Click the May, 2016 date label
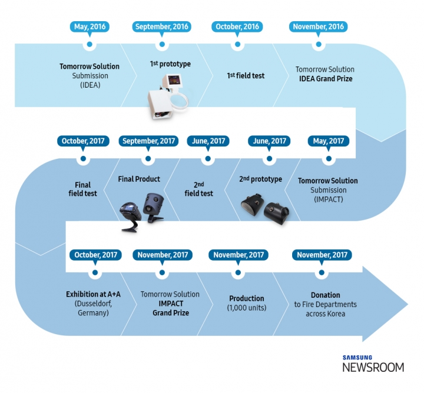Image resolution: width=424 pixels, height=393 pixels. [x=89, y=27]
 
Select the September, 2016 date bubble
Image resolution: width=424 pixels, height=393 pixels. [x=161, y=27]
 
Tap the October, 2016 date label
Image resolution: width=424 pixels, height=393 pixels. [x=236, y=27]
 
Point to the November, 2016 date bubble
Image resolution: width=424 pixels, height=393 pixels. [x=319, y=27]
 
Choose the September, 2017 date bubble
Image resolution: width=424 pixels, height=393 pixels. [x=148, y=141]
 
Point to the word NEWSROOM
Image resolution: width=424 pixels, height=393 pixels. [x=373, y=367]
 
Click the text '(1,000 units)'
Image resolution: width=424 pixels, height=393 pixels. [x=247, y=308]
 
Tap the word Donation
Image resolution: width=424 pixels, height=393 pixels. [x=325, y=295]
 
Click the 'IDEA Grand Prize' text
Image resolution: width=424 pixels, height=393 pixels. [x=324, y=78]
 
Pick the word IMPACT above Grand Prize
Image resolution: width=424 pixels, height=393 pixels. [x=171, y=304]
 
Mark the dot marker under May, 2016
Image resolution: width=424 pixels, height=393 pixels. [x=89, y=44]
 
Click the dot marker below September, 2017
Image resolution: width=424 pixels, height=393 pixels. [x=148, y=158]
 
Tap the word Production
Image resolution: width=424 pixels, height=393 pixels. [x=247, y=298]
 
